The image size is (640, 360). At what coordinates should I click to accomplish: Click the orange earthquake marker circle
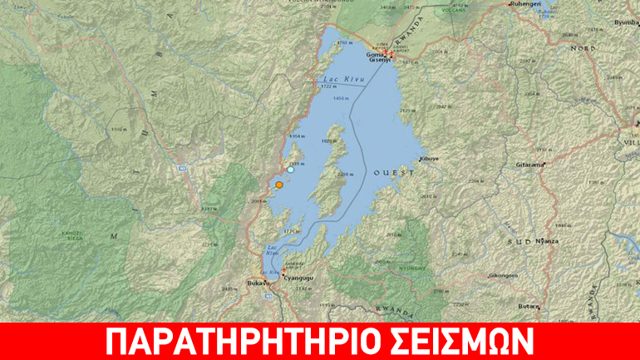coord(279,186)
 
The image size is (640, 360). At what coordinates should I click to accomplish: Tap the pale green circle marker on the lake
coord(290,169)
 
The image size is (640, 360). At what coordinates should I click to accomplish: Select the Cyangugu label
coord(297,278)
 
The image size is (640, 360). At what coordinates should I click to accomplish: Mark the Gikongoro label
coord(504,274)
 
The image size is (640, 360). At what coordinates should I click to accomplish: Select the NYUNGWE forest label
coord(412,268)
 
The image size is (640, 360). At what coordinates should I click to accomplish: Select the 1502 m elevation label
coord(118,129)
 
